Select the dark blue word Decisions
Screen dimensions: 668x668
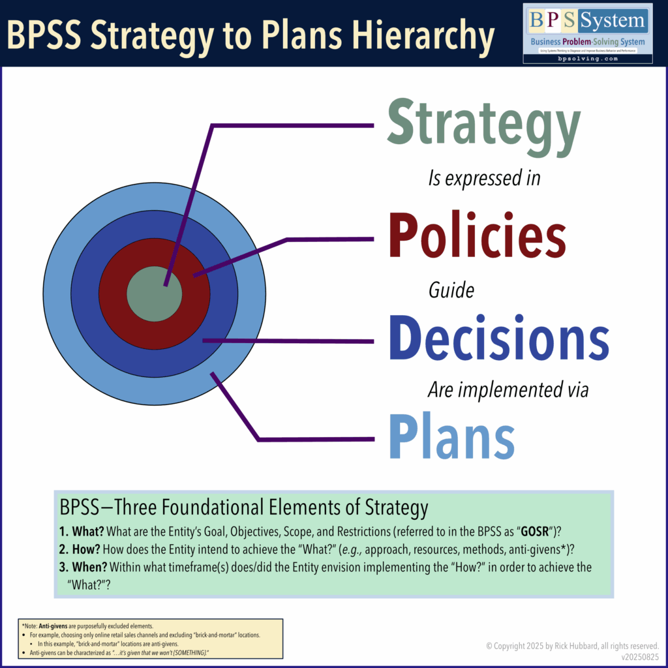click(499, 339)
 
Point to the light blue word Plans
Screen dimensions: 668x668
click(451, 434)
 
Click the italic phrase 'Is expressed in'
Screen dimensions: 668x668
click(484, 177)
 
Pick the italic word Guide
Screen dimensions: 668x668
click(451, 290)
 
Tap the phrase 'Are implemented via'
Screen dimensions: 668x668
click(508, 390)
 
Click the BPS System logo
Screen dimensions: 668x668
click(587, 33)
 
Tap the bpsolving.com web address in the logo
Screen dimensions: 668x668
click(587, 58)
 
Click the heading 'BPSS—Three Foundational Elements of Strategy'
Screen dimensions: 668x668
click(243, 508)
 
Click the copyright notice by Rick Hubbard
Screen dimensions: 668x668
click(572, 646)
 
